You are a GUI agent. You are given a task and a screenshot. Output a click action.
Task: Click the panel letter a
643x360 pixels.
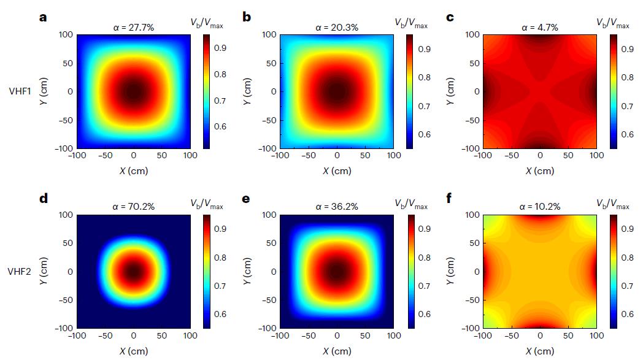click(43, 17)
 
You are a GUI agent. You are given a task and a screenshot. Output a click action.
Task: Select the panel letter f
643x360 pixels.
click(450, 199)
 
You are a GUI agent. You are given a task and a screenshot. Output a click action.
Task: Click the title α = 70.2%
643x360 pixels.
click(133, 207)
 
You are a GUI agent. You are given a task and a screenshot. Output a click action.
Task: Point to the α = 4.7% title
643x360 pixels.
click(539, 27)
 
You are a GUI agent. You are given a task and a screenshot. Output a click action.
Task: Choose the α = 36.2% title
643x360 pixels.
click(336, 207)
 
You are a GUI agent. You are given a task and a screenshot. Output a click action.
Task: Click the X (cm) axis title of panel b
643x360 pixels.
click(337, 171)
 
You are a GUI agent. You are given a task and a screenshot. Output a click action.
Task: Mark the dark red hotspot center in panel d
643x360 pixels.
click(133, 271)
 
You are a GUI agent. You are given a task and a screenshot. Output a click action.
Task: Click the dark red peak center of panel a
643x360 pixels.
click(133, 91)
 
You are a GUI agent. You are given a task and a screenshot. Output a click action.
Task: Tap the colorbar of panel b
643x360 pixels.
click(410, 91)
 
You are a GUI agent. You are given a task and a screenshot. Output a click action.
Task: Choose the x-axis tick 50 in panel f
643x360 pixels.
click(568, 336)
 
